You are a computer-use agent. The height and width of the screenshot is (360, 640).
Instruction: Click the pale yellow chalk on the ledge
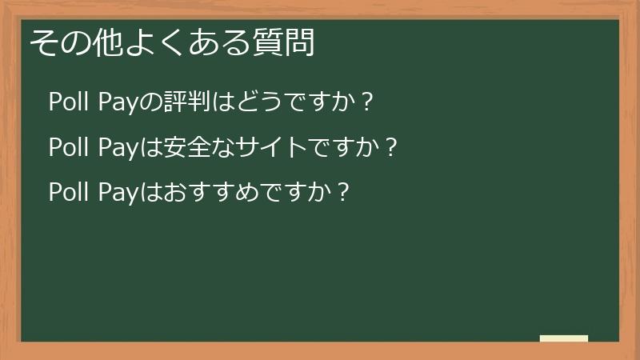pyautogui.click(x=564, y=338)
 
